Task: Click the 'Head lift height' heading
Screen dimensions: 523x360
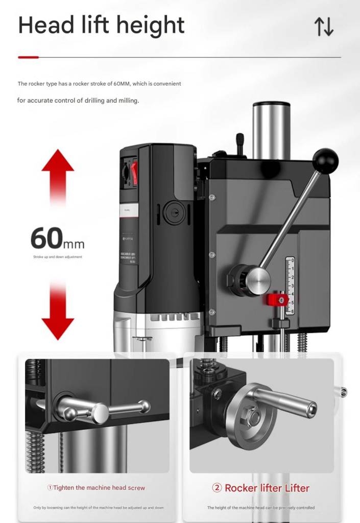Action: tap(101, 25)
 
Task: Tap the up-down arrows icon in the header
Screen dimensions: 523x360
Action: tap(324, 27)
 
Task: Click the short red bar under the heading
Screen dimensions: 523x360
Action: tap(28, 57)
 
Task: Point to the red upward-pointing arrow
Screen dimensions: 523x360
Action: tap(58, 174)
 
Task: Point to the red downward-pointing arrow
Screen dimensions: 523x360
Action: tap(58, 314)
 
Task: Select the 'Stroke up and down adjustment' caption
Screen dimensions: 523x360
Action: tap(57, 257)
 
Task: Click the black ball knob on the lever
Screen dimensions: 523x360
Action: tap(325, 161)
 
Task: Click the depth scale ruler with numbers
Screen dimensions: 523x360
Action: tap(290, 285)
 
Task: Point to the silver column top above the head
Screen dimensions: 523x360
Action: tap(271, 128)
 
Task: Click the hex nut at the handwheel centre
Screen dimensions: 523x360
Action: tap(252, 418)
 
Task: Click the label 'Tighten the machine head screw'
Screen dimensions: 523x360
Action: tap(96, 488)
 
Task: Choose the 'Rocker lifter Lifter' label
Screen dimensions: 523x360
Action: tap(261, 488)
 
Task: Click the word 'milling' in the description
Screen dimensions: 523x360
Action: tap(127, 101)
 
